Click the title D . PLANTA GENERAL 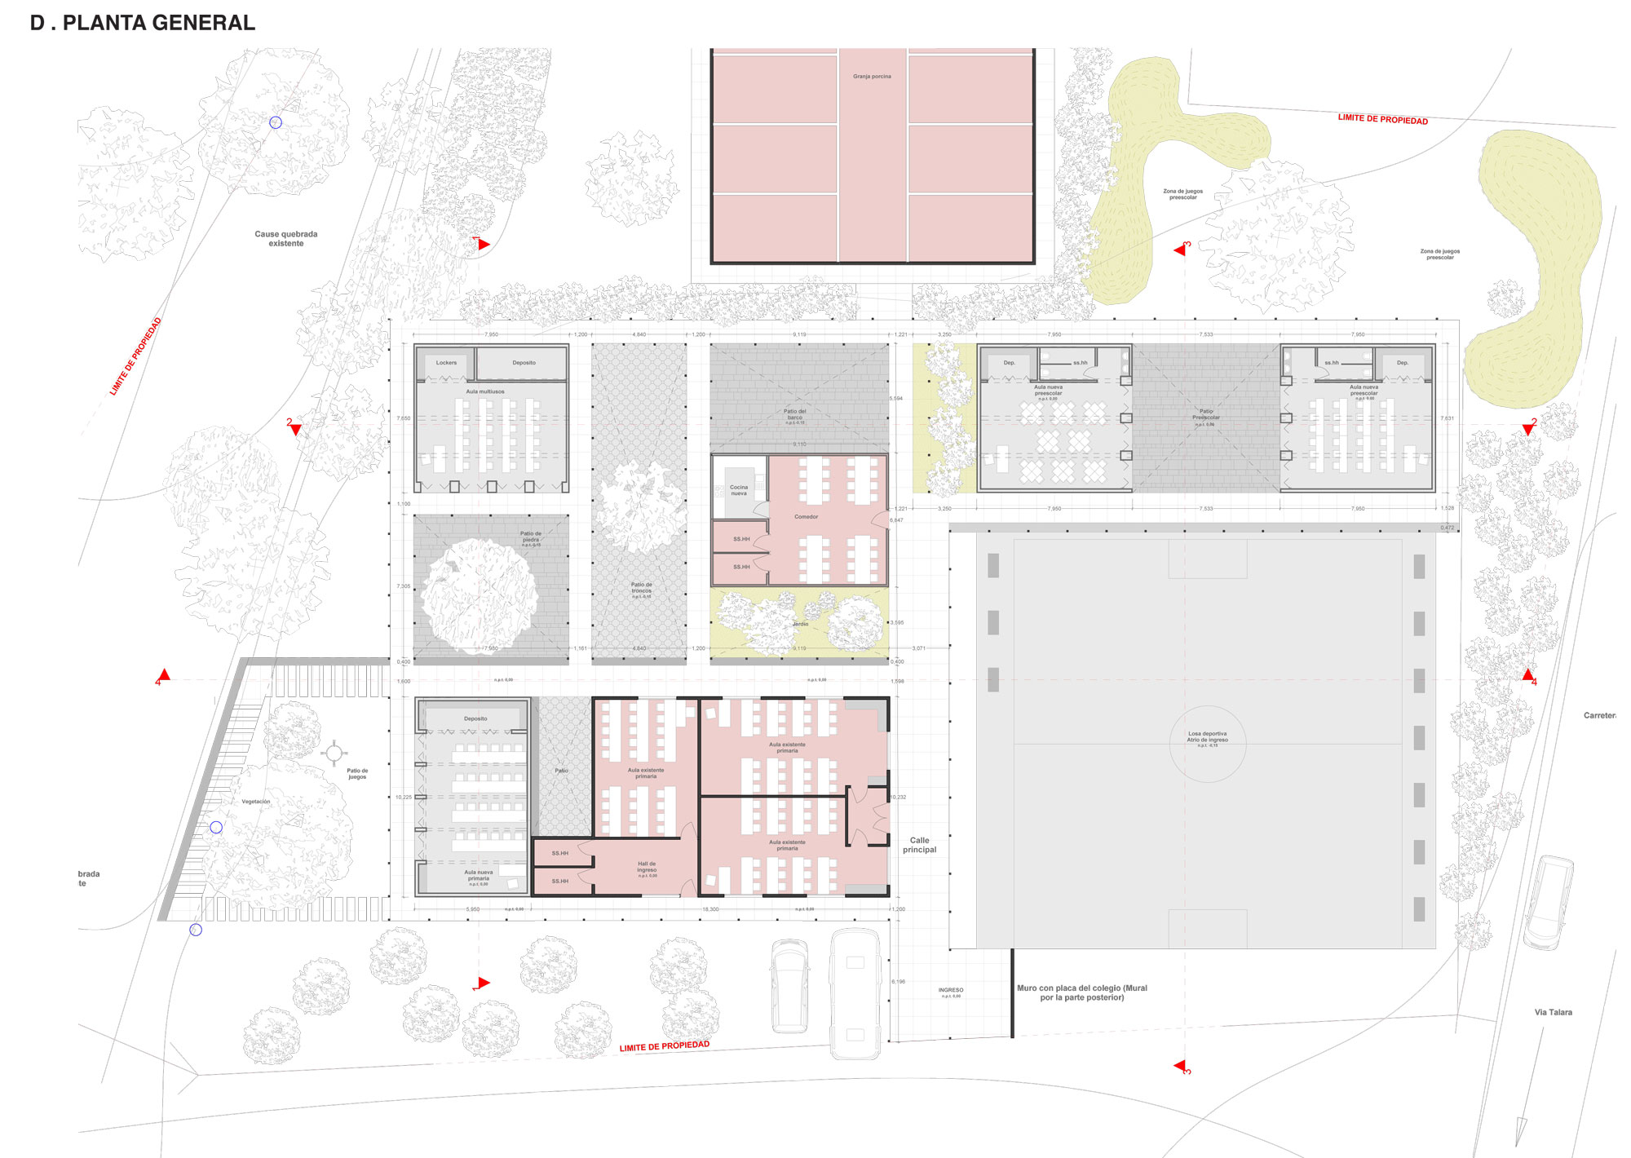tap(143, 23)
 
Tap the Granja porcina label tap(872, 77)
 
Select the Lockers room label tap(446, 363)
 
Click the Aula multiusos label tap(485, 391)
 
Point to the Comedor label tap(806, 517)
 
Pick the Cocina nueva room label tap(739, 490)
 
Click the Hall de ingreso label tap(647, 867)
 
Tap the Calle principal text tap(919, 845)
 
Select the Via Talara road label tap(1553, 1012)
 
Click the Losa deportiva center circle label tap(1207, 736)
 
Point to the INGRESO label tap(951, 991)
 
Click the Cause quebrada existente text tap(285, 238)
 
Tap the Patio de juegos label tap(357, 773)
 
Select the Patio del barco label tap(795, 414)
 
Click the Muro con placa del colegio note tap(1081, 992)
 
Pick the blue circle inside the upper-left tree tap(276, 122)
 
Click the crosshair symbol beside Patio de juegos tap(334, 753)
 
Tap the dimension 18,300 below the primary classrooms tap(710, 908)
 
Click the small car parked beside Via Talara tap(1548, 903)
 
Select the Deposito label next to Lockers tap(524, 363)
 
